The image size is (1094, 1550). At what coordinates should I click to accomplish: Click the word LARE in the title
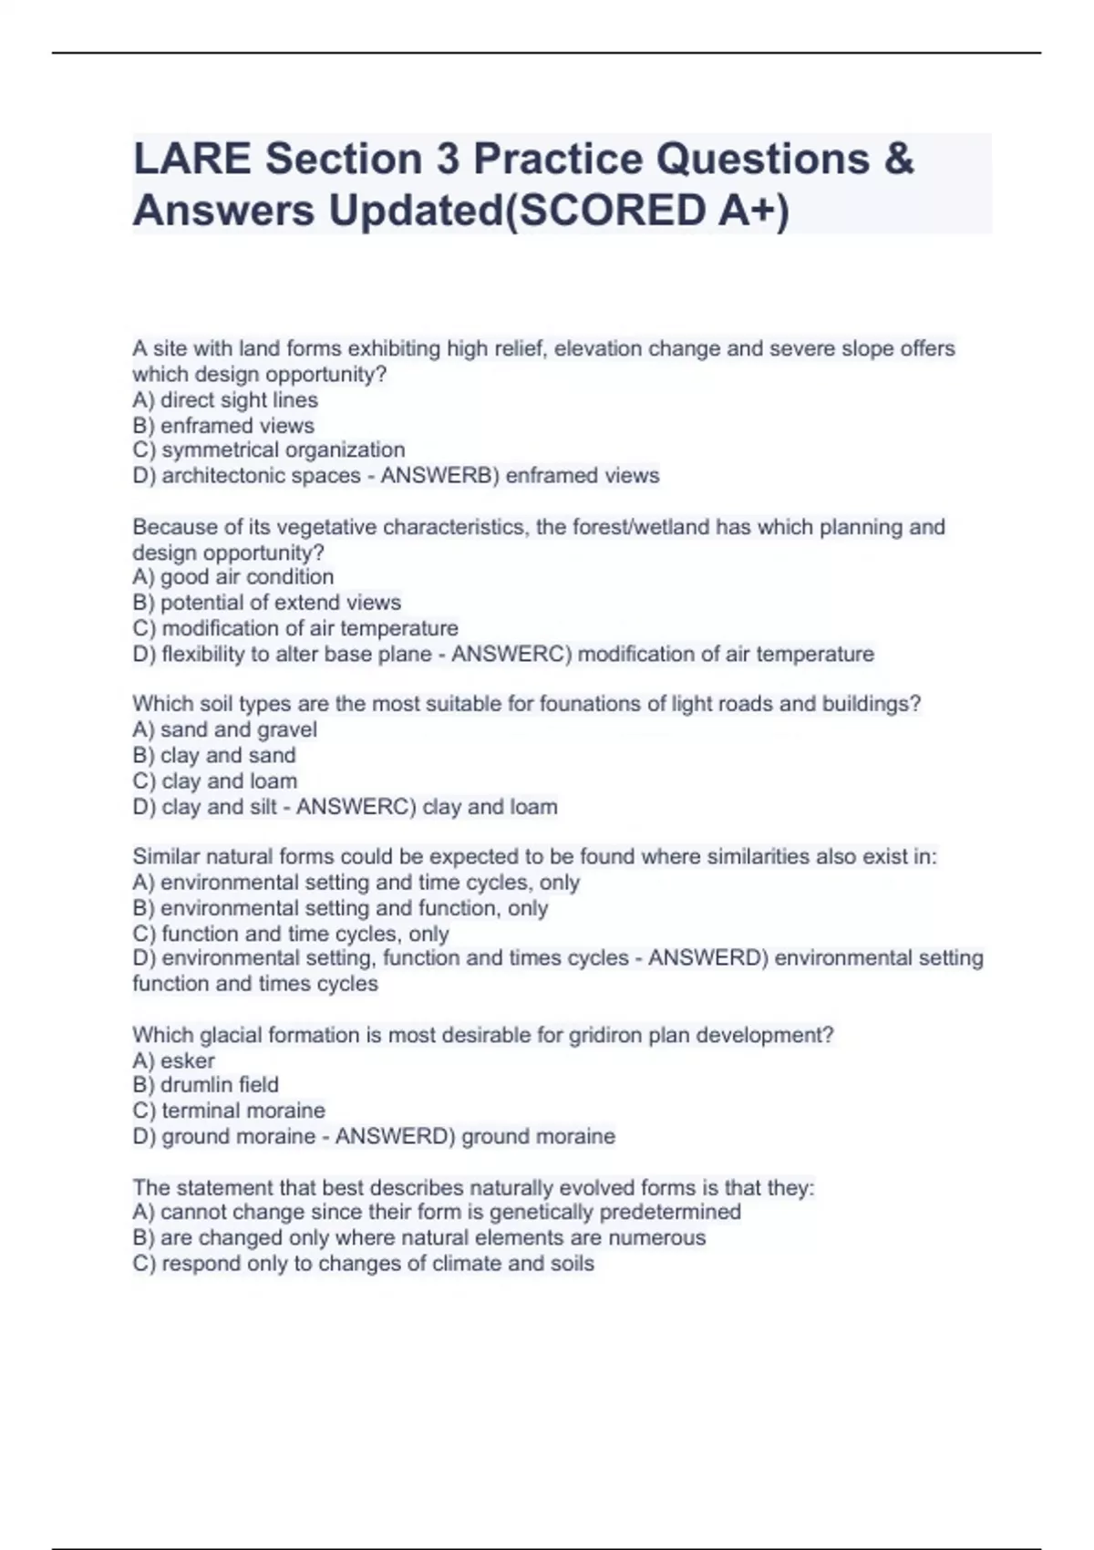click(191, 159)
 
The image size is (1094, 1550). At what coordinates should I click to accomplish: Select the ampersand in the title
click(898, 159)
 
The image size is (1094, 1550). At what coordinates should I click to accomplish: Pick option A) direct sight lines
click(225, 400)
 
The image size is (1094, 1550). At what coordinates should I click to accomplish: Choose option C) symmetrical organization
click(268, 450)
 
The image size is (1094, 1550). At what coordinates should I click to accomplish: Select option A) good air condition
click(232, 577)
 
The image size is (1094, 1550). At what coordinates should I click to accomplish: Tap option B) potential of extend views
click(266, 603)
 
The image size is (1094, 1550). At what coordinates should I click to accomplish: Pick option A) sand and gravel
click(224, 729)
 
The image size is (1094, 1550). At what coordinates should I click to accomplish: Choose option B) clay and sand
click(213, 755)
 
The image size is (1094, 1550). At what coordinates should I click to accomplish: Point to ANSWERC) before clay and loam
click(356, 807)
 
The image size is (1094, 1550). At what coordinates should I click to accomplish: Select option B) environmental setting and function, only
click(340, 908)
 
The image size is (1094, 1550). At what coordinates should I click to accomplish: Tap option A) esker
click(173, 1060)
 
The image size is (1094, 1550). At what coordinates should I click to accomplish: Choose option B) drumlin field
click(205, 1085)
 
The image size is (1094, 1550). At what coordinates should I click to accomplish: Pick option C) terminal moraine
click(228, 1111)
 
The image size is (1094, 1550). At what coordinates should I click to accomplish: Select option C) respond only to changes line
click(363, 1264)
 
